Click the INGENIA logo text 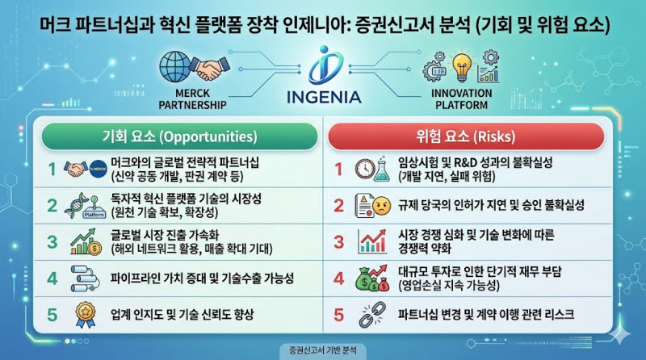[324, 97]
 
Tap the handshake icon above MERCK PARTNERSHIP [210, 69]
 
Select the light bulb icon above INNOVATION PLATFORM [461, 68]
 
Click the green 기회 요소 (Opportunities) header [179, 136]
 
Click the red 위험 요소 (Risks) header [466, 136]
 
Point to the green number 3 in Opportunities [52, 242]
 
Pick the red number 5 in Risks [338, 315]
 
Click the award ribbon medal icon [86, 315]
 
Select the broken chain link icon [372, 315]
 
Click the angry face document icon [373, 205]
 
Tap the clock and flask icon [373, 169]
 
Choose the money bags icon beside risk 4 [372, 278]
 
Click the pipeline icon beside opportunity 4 [86, 278]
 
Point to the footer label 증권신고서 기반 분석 [323, 350]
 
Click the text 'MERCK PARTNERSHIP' [192, 99]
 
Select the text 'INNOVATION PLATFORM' [461, 99]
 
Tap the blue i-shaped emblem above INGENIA [325, 65]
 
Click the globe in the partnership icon [175, 67]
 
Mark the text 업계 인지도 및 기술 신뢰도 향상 [182, 315]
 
